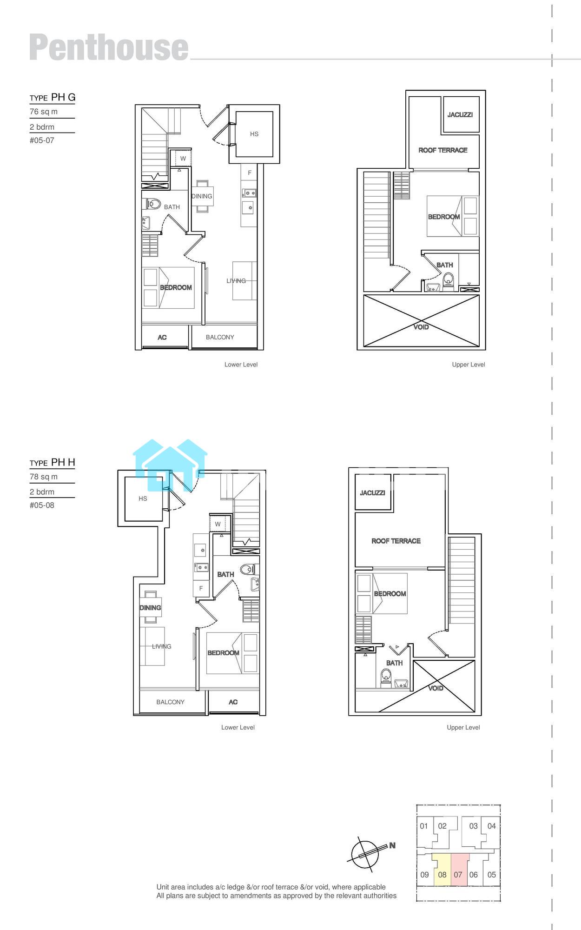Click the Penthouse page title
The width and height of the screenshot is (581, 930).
pyautogui.click(x=109, y=47)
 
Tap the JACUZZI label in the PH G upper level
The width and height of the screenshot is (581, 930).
pyautogui.click(x=460, y=114)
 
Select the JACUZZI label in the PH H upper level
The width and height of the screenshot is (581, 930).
pyautogui.click(x=372, y=492)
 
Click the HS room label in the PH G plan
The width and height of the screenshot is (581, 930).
pyautogui.click(x=254, y=134)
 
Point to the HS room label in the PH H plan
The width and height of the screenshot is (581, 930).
pyautogui.click(x=143, y=498)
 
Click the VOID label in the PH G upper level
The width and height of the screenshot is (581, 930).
pyautogui.click(x=421, y=327)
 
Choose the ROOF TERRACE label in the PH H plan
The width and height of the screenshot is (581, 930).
pyautogui.click(x=396, y=541)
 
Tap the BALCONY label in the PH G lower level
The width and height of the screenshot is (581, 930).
pyautogui.click(x=220, y=337)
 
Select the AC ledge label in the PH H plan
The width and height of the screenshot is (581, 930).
pyautogui.click(x=233, y=702)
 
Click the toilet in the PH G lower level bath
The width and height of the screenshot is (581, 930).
pyautogui.click(x=153, y=204)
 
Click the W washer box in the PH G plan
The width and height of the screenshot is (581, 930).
pyautogui.click(x=183, y=159)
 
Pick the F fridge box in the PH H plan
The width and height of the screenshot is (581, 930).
pyautogui.click(x=201, y=588)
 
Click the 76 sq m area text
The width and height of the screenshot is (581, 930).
pyautogui.click(x=44, y=112)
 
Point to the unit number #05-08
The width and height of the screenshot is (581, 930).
pyautogui.click(x=42, y=505)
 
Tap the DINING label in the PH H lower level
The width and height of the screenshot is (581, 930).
pyautogui.click(x=150, y=608)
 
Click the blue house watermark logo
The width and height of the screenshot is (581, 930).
pyautogui.click(x=170, y=465)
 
